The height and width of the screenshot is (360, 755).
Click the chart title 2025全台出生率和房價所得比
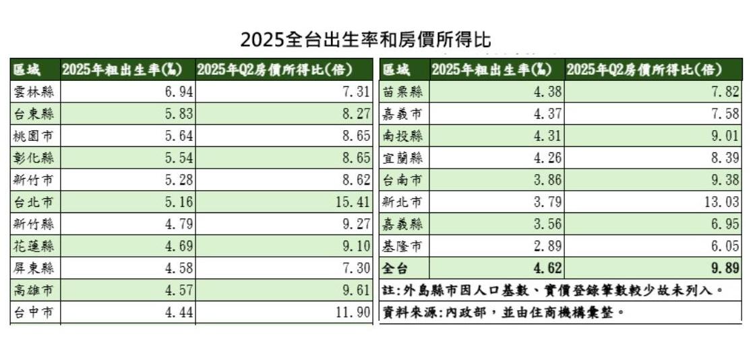click(366, 39)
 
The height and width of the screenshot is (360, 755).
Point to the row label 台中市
click(34, 313)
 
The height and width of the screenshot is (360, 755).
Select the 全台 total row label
click(396, 269)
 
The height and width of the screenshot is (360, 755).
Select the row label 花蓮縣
click(34, 247)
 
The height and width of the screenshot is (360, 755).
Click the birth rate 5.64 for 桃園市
click(179, 136)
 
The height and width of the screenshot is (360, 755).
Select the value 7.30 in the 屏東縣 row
click(357, 269)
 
